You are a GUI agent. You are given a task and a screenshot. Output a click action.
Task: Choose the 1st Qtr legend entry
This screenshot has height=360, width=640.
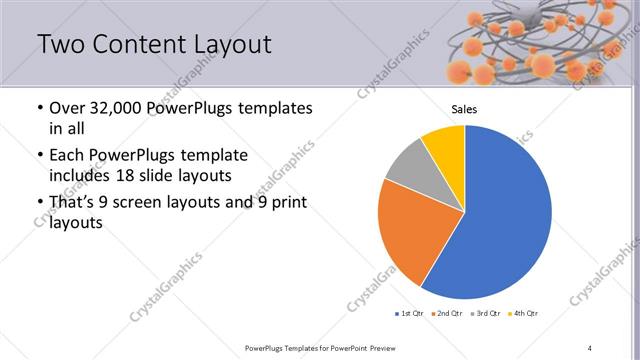click(410, 314)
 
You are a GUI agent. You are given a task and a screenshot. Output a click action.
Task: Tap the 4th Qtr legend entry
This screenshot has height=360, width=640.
click(524, 314)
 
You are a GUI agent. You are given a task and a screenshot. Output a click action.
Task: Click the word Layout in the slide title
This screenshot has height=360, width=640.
click(225, 45)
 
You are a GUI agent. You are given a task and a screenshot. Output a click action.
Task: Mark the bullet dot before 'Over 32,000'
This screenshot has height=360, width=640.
click(39, 108)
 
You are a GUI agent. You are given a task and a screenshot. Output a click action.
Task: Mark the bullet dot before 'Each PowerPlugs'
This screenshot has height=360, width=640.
click(39, 156)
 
